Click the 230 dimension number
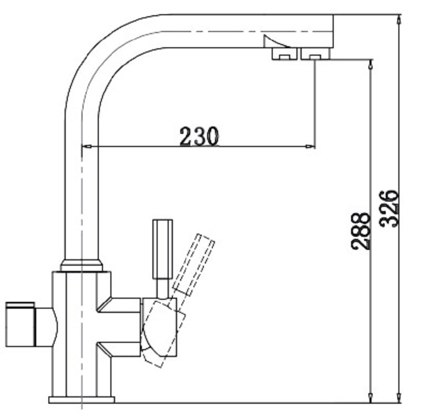(x=199, y=136)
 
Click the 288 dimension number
(x=360, y=230)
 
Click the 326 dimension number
(x=388, y=208)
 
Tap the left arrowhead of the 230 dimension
(x=86, y=146)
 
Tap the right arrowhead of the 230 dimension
(x=310, y=146)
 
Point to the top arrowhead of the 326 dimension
(x=399, y=19)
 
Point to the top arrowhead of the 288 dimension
(x=370, y=64)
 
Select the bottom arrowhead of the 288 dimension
(x=370, y=398)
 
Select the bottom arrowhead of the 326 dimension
(x=399, y=398)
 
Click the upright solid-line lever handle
(x=162, y=249)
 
